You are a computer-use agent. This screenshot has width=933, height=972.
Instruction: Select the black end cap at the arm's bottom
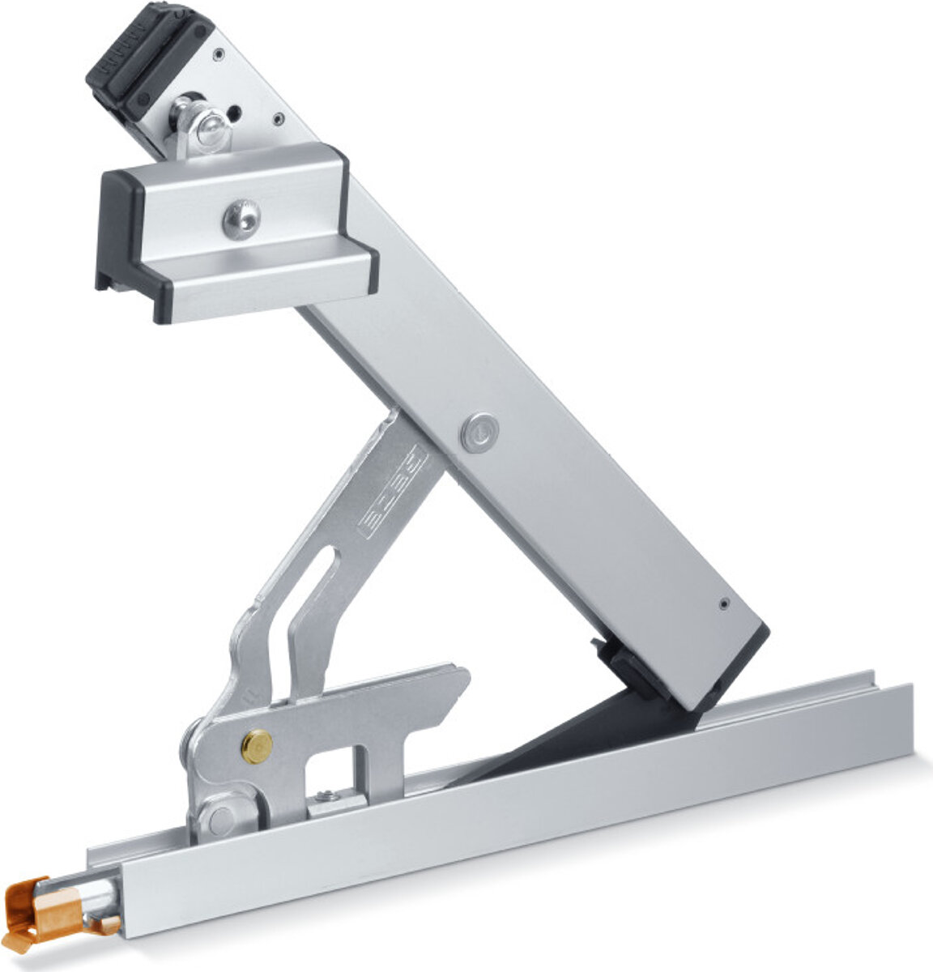741,664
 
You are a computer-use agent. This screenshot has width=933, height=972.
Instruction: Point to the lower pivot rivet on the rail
220,818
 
